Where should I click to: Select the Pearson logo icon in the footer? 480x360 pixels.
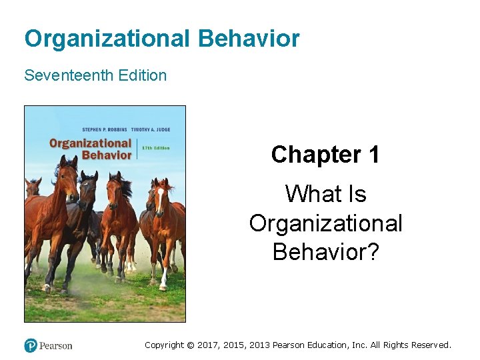coord(31,345)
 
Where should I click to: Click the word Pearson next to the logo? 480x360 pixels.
coord(56,345)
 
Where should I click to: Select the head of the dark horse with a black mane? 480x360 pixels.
coord(89,190)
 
